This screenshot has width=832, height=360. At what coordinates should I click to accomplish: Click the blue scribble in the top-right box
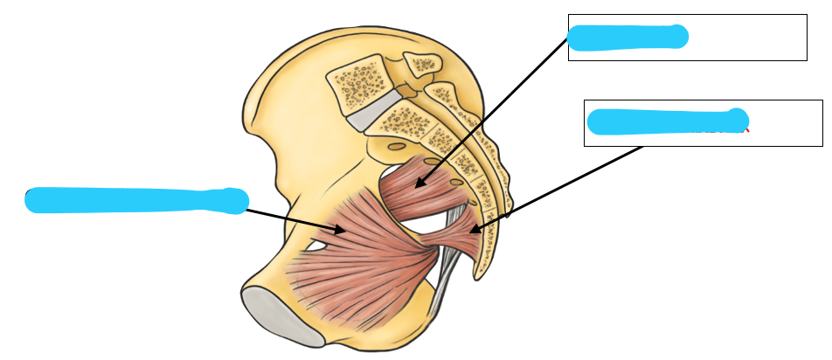pyautogui.click(x=627, y=37)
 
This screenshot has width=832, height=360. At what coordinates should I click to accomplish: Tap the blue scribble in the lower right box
pyautogui.click(x=666, y=121)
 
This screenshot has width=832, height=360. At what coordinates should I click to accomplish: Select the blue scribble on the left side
pyautogui.click(x=135, y=200)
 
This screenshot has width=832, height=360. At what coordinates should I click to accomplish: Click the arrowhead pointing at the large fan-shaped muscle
pyautogui.click(x=340, y=230)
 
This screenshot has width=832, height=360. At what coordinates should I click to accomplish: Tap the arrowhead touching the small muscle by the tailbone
pyautogui.click(x=475, y=230)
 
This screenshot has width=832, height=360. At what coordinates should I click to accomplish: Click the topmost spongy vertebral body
pyautogui.click(x=358, y=80)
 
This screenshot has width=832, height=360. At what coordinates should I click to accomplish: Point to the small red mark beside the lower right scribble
pyautogui.click(x=746, y=131)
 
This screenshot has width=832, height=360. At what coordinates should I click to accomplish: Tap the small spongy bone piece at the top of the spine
pyautogui.click(x=424, y=63)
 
